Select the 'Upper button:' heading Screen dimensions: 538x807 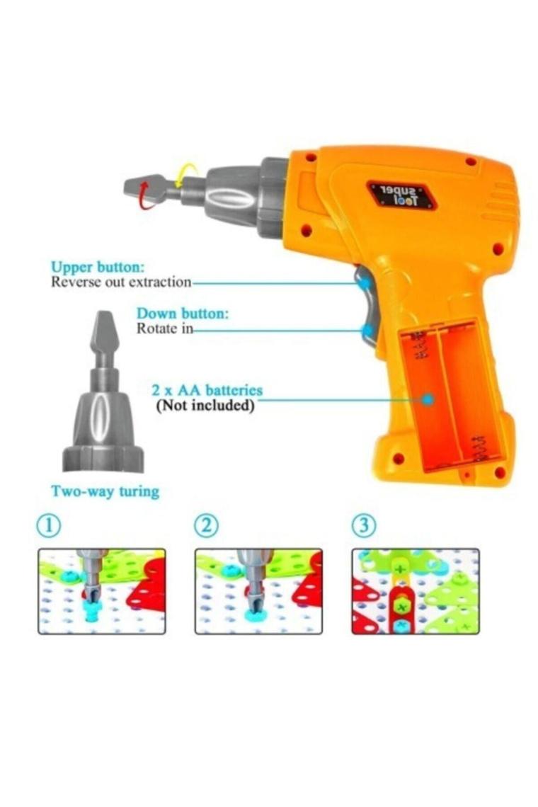point(98,267)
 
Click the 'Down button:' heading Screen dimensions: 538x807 point(182,314)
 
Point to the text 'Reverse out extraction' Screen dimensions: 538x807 point(121,282)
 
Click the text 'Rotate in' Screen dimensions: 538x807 point(164,328)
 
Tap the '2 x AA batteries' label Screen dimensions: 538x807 point(207,390)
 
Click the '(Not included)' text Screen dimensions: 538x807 point(205,406)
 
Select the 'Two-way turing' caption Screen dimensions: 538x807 point(105,491)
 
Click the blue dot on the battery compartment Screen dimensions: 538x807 point(428,399)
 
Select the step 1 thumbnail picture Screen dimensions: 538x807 point(102,591)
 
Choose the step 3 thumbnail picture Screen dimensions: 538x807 point(416,591)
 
